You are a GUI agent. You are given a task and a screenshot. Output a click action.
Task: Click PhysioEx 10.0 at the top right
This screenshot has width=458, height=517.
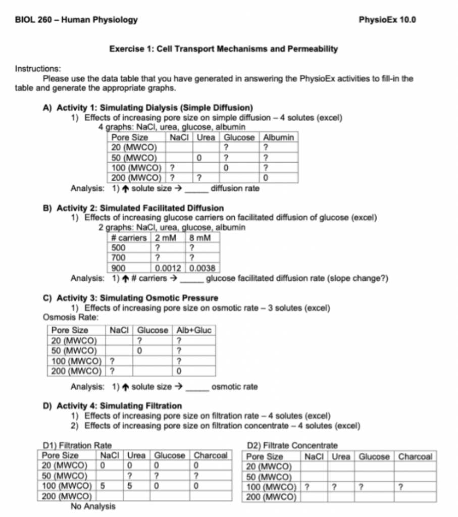pyautogui.click(x=387, y=20)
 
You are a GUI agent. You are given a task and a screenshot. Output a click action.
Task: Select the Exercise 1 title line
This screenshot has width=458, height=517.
pyautogui.click(x=223, y=49)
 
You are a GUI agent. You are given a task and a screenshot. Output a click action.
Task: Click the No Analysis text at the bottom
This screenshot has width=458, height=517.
pyautogui.click(x=92, y=506)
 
